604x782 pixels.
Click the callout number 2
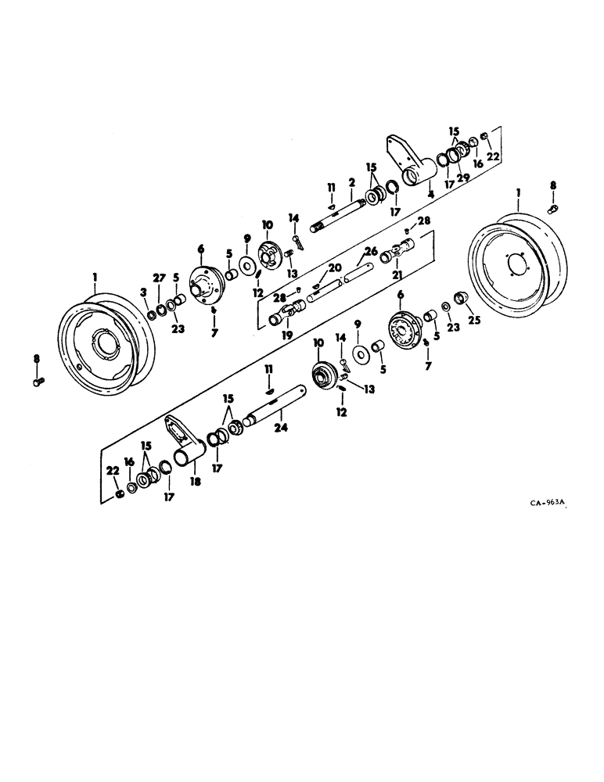[x=352, y=182]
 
